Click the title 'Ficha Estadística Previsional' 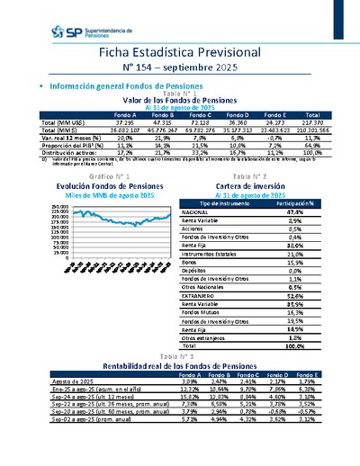(x=179, y=53)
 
